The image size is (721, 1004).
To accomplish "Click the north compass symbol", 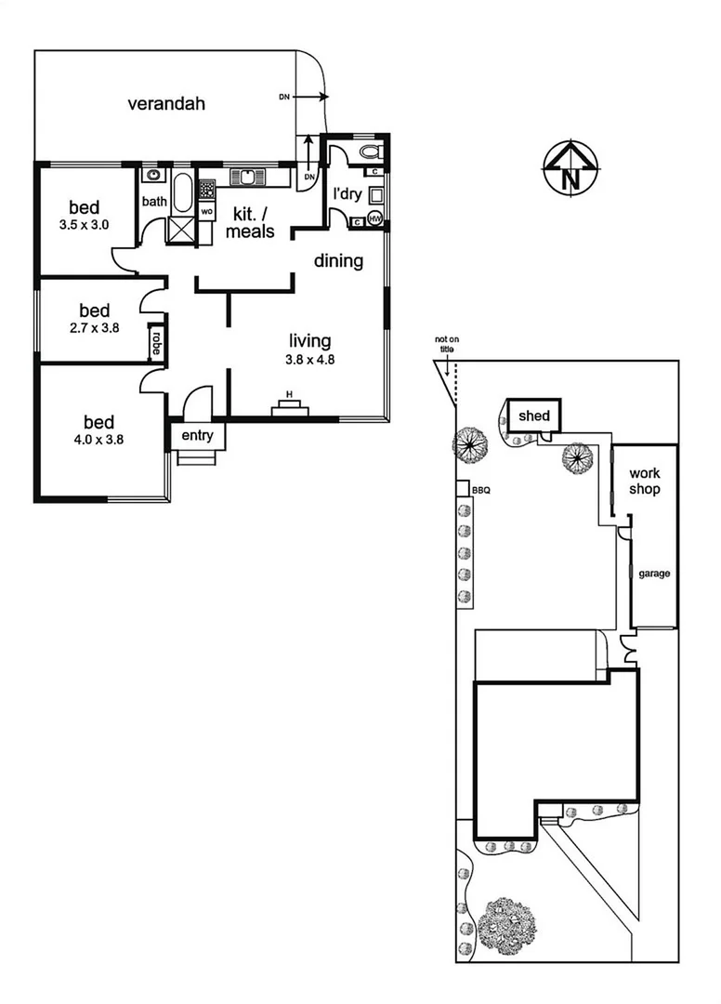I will pos(571,168).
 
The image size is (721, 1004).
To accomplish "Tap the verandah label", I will pos(166,103).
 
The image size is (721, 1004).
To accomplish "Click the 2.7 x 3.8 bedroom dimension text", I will pos(94,327).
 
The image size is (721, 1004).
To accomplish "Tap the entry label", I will pos(197,435).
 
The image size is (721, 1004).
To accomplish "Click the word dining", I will pos(338,261).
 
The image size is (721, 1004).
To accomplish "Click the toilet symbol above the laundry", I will pos(368,151).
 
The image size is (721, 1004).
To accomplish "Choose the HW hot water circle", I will pos(375,218).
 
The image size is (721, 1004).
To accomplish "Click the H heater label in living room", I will pos(289,395).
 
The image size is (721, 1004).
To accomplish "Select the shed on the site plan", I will pos(534,416).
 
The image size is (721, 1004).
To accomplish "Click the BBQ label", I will pos(480,489).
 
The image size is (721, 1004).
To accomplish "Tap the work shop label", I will pos(644,482).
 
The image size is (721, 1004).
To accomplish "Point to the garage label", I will pos(654,574).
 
